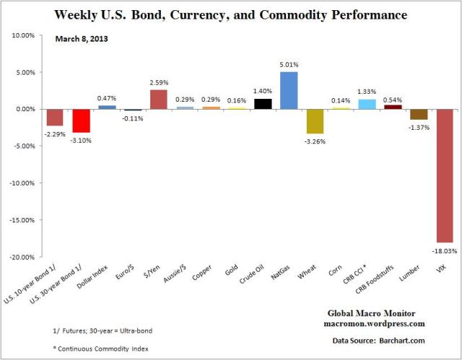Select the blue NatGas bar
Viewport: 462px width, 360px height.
288,90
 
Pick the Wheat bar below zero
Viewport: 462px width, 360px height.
314,121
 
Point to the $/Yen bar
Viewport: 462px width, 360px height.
158,100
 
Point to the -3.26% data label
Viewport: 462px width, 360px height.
315,141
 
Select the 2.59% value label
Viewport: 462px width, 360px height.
159,83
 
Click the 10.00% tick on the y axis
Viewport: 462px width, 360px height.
25,35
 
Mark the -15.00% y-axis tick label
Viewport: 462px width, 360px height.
24,220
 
